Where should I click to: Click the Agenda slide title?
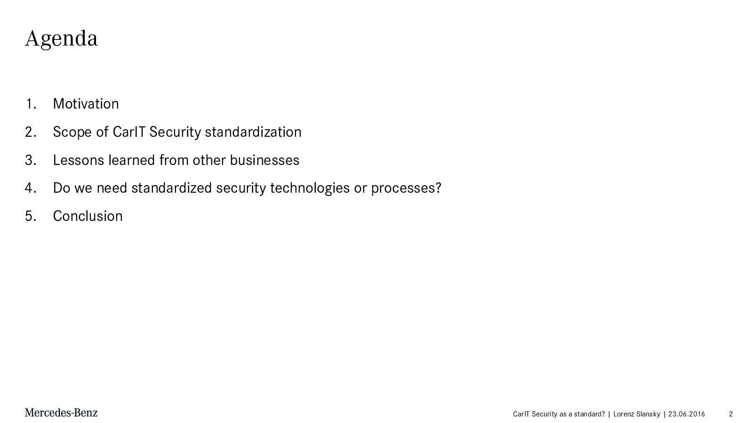61,39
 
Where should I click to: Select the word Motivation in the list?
86,104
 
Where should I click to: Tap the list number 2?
31,132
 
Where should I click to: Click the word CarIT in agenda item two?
129,132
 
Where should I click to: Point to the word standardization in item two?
253,132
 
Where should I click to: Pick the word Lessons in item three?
79,160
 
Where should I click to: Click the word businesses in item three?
264,160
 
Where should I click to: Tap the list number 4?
31,188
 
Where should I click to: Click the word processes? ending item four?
406,188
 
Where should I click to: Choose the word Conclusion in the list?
88,216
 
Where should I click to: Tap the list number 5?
31,216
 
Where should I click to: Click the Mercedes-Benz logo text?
61,413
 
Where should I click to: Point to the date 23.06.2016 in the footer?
687,414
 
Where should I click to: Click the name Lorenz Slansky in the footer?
637,414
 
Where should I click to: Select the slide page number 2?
731,414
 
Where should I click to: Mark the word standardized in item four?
171,188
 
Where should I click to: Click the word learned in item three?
132,160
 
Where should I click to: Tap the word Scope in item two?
72,132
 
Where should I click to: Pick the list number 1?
31,104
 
